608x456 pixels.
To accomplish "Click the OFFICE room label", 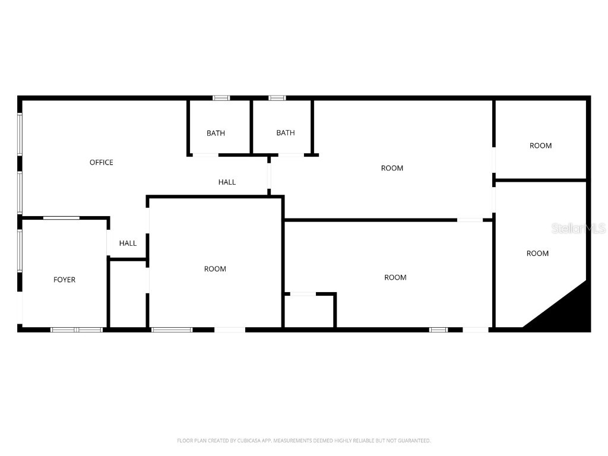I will [101, 163].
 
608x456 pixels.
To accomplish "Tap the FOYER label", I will [64, 280].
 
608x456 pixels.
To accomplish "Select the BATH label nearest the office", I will [216, 133].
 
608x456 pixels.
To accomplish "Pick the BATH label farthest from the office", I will [285, 133].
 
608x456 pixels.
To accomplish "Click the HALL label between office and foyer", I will [128, 243].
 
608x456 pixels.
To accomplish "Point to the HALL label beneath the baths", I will [227, 182].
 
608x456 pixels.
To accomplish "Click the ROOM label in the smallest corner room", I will [540, 145].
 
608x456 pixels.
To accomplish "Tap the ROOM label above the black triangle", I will [537, 254].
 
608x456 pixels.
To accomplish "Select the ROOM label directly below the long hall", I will [215, 269].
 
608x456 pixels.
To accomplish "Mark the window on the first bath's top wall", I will [221, 98].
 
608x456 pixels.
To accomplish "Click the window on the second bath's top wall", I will [277, 98].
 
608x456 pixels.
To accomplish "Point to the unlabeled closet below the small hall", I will [128, 294].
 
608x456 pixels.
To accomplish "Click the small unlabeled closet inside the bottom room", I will [309, 311].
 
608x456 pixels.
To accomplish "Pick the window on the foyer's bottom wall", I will [77, 329].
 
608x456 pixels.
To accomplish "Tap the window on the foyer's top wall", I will [61, 218].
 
